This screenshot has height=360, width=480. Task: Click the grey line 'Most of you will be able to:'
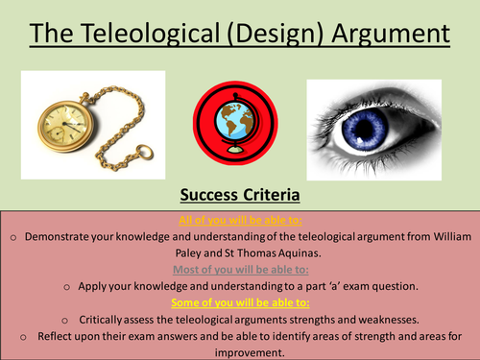240,269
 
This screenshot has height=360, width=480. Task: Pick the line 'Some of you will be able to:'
240,302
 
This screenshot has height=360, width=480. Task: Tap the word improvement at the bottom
240,351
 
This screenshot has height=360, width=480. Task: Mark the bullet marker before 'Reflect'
19,336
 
